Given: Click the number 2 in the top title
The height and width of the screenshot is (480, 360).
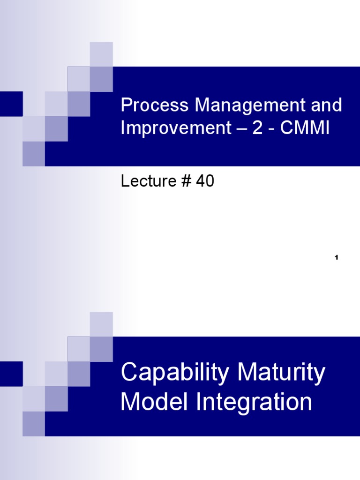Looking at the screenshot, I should click(x=257, y=128).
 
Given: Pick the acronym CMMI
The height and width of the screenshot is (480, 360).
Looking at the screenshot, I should click(x=305, y=128).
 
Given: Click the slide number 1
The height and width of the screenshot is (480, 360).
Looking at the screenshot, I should click(x=337, y=258).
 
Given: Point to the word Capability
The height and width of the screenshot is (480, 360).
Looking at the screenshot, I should click(x=176, y=374).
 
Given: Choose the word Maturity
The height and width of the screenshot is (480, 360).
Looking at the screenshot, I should click(x=281, y=374).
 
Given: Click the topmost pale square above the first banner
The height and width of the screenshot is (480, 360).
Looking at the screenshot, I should click(x=101, y=54).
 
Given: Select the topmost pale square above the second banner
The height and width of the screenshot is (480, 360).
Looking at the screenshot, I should click(x=101, y=324).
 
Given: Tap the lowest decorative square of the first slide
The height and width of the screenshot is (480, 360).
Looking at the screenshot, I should click(x=34, y=154).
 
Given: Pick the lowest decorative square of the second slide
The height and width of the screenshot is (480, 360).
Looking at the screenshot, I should click(x=34, y=424).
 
